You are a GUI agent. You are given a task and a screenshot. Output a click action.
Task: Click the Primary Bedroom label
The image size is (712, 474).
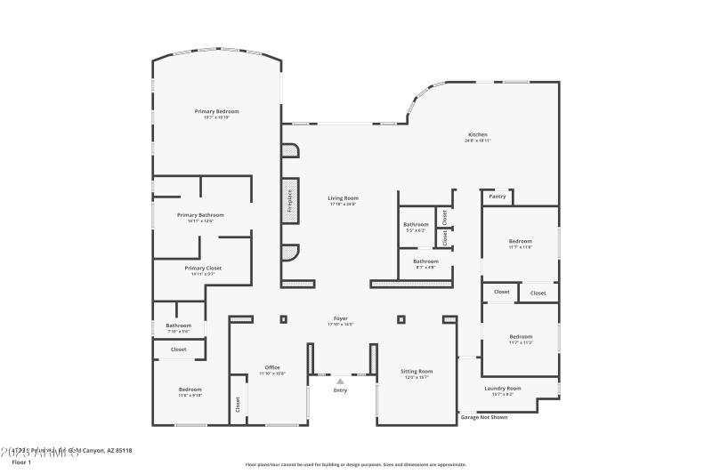click(x=216, y=111)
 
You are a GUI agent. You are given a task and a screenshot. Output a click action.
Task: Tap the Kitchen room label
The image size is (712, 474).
click(x=477, y=135)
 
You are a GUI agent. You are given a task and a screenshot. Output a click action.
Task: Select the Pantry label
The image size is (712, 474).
click(x=498, y=197)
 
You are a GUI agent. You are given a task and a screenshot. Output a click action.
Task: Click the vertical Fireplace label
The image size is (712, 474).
click(x=289, y=202)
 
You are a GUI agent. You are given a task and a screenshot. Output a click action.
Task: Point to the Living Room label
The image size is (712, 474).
click(x=343, y=198)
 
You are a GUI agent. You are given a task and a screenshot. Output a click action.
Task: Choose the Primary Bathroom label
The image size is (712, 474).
click(x=200, y=214)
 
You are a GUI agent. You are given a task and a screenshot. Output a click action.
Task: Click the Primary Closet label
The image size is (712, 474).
click(x=202, y=268)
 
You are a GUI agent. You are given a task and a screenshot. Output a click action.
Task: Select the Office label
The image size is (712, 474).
click(x=271, y=367)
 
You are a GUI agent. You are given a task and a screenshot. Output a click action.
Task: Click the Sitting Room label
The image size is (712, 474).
click(x=417, y=371)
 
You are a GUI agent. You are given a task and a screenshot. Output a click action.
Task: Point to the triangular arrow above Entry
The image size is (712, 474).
click(x=340, y=382)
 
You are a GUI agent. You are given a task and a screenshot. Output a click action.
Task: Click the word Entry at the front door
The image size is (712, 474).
click(x=340, y=390)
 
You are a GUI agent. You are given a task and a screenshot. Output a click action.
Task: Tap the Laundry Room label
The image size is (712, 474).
click(x=502, y=388)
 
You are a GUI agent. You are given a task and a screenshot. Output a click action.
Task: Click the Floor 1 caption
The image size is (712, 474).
click(x=21, y=462)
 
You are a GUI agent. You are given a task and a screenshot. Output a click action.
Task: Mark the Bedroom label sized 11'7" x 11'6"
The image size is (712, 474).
click(x=520, y=241)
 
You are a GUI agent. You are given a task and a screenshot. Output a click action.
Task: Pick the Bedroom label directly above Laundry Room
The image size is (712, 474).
click(x=520, y=336)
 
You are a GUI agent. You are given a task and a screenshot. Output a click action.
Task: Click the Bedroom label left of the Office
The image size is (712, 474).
click(x=190, y=389)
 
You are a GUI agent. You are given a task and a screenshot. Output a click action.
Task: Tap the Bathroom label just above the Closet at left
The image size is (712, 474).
click(x=178, y=325)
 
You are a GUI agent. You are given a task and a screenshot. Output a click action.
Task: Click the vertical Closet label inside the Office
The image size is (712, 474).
click(x=238, y=404)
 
